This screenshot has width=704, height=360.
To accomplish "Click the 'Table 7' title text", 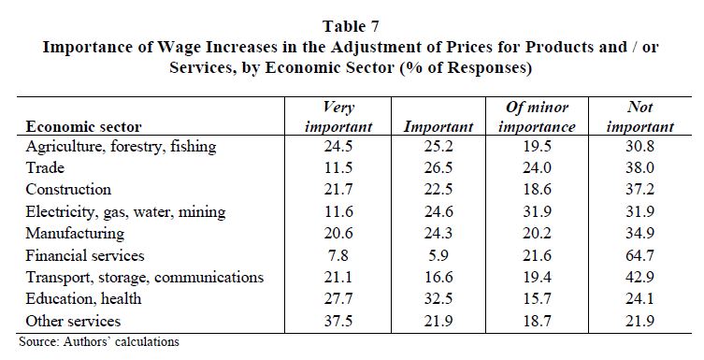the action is click(351, 26).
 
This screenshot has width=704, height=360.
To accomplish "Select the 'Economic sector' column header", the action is click(83, 126).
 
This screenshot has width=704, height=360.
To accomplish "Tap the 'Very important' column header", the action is click(338, 117).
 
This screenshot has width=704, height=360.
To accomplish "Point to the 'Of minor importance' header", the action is click(537, 117).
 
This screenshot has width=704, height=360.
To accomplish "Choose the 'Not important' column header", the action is click(640, 117).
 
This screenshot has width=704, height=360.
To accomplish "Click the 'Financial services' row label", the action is click(85, 255).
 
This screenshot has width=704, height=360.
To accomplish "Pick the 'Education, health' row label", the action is click(83, 299).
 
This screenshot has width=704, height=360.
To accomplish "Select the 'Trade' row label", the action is click(45, 168).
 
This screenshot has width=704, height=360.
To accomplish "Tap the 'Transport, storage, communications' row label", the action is click(145, 277).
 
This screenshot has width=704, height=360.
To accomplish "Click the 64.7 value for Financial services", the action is click(639, 255).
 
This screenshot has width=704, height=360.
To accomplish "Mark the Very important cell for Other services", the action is click(338, 321).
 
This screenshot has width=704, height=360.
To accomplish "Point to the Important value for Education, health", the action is click(438, 299).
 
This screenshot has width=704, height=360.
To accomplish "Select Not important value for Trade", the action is click(639, 168).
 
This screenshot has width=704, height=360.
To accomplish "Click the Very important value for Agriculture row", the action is click(338, 146).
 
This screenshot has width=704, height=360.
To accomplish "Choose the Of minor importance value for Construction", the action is click(537, 189).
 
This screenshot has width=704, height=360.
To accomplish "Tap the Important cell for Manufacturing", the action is click(438, 233).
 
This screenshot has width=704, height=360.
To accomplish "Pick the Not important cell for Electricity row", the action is click(639, 211).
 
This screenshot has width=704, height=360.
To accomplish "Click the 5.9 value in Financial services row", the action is click(438, 255).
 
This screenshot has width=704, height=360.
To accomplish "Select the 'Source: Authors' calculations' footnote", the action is click(99, 341).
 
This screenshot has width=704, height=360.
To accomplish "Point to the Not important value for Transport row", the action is click(639, 277).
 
